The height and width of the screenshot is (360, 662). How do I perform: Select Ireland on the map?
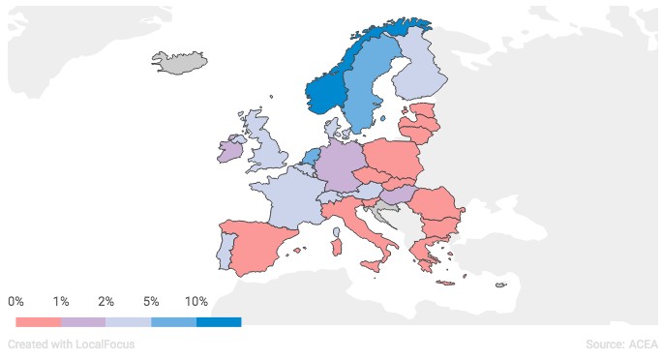(230, 151)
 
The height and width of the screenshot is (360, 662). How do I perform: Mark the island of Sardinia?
(337, 248)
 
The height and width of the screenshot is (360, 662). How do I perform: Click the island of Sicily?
(371, 265)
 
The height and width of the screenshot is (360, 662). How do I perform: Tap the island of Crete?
(446, 283)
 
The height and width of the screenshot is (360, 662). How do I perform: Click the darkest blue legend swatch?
(219, 321)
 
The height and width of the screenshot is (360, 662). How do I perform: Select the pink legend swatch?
(38, 321)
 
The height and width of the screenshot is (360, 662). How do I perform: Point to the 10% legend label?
(196, 302)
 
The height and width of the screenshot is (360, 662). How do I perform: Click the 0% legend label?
(16, 302)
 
